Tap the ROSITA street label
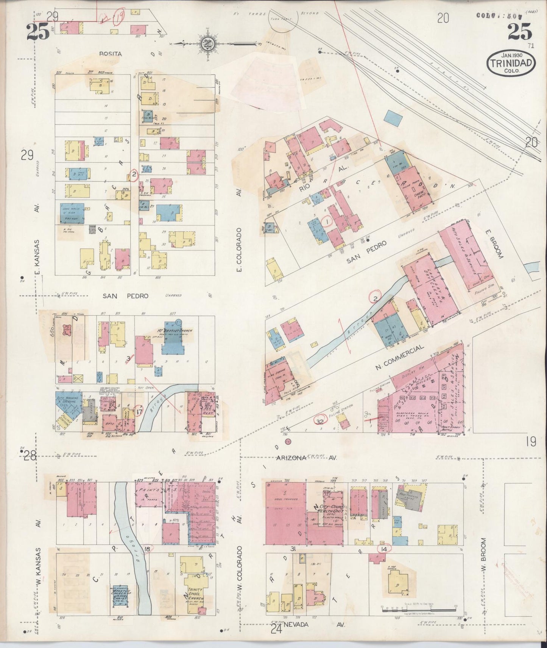(x=111, y=54)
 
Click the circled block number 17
(x=139, y=411)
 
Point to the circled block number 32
(x=321, y=421)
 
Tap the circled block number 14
(x=385, y=549)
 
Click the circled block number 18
(x=148, y=549)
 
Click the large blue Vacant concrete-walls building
(x=72, y=214)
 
